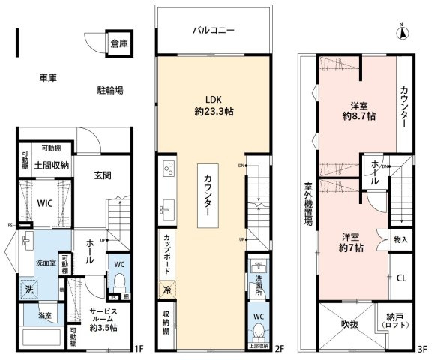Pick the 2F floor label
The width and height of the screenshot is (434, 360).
coord(279,349)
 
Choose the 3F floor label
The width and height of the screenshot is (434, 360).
coord(422,349)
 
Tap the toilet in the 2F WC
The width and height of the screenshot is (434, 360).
coord(259,331)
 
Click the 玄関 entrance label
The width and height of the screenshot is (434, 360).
coord(103,176)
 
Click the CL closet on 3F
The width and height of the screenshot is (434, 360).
coord(401,277)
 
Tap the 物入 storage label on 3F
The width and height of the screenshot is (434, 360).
coord(400,240)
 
